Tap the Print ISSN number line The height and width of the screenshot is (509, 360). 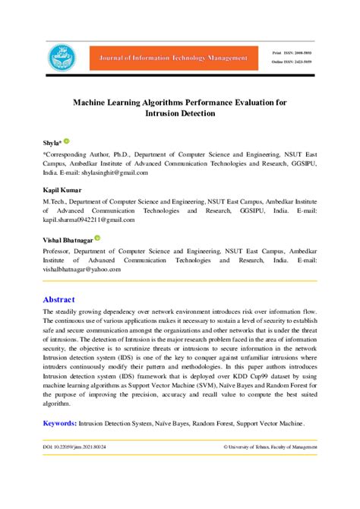pyautogui.click(x=292, y=52)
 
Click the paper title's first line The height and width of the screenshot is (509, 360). pyautogui.click(x=179, y=101)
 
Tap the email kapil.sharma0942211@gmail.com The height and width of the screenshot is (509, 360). pyautogui.click(x=89, y=220)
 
